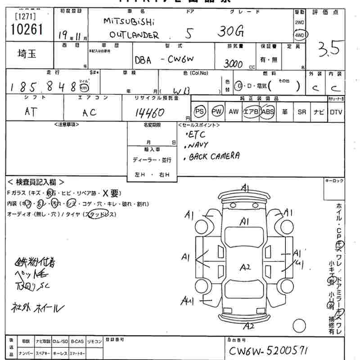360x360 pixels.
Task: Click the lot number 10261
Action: point(25,30)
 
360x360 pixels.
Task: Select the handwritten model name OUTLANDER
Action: point(135,35)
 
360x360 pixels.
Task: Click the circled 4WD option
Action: point(299,35)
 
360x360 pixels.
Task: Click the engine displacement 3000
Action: point(234,63)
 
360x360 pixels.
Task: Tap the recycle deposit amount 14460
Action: point(149,112)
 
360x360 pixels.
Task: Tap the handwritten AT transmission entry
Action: point(31,112)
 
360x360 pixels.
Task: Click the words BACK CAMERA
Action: point(214,156)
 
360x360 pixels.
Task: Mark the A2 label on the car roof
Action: point(245,267)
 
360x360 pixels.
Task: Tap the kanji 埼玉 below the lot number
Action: point(25,55)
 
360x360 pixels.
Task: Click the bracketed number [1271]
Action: point(25,17)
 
